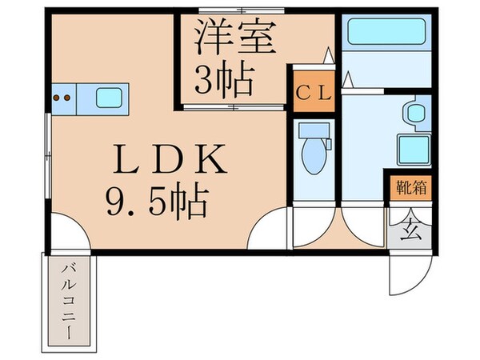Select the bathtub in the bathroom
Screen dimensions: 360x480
click(386, 34)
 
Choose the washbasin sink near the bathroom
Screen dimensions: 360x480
click(416, 112)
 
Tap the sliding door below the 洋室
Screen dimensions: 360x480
click(232, 106)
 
